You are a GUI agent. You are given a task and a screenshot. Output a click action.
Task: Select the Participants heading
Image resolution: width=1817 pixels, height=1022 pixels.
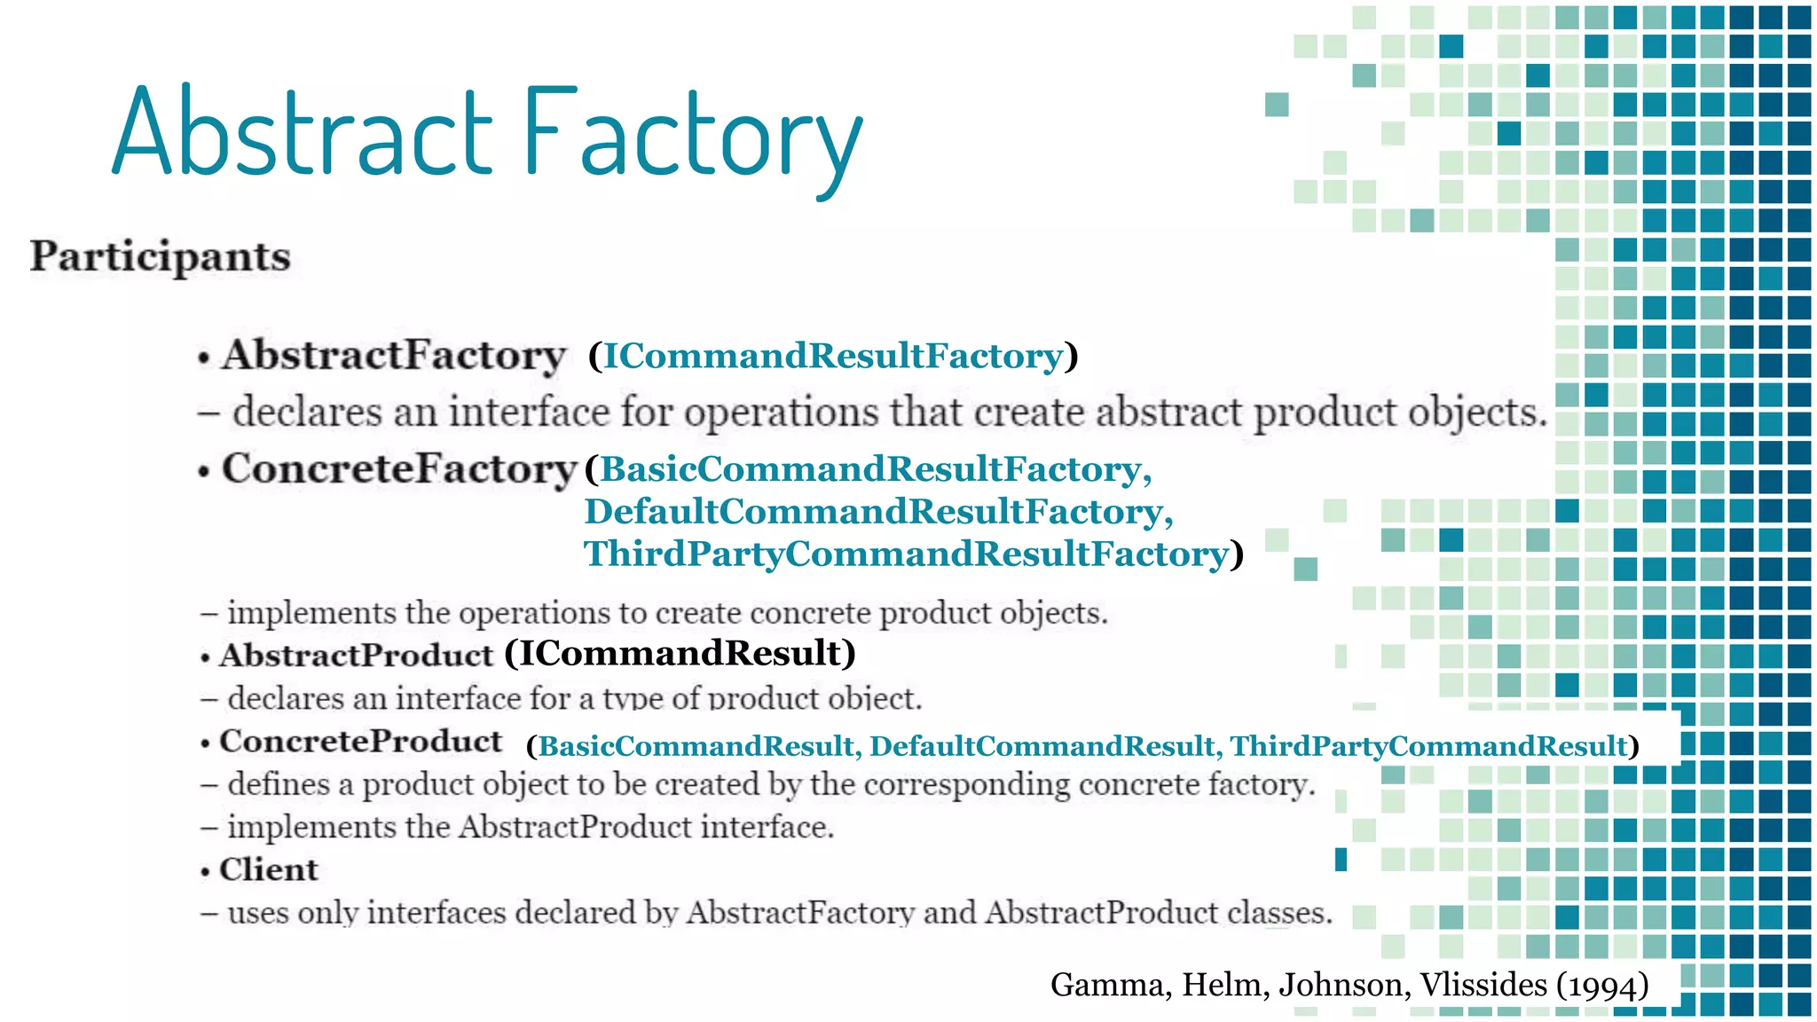(x=161, y=256)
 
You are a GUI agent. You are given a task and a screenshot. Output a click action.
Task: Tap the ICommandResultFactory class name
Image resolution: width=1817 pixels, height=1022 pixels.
(x=832, y=356)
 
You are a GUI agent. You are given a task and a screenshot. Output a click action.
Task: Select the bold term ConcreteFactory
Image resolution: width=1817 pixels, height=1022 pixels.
(x=399, y=468)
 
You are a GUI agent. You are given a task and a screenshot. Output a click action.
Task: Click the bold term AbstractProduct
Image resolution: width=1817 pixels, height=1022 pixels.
(x=356, y=656)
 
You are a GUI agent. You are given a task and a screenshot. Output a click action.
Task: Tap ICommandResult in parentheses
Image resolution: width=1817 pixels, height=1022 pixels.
(x=680, y=653)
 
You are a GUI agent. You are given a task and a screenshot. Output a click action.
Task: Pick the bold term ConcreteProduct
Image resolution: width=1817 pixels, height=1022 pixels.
(x=360, y=742)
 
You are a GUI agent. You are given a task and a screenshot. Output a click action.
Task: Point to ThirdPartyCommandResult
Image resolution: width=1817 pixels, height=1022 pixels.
(x=1428, y=746)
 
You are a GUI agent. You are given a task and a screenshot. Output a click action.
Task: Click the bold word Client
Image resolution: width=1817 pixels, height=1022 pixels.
(x=268, y=869)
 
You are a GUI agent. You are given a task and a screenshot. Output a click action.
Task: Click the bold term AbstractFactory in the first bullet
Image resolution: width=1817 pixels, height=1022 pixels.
(x=393, y=355)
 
